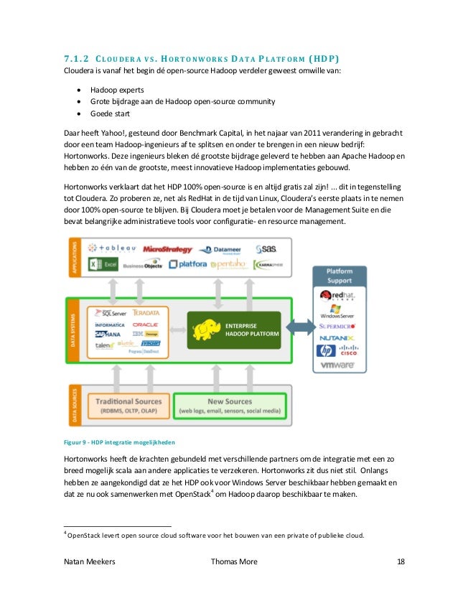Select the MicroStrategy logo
point(167,249)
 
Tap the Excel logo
point(103,265)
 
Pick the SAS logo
point(264,248)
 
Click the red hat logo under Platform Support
point(339,299)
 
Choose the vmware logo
point(338,365)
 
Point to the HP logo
point(326,351)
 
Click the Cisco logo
point(348,352)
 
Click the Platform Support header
point(339,275)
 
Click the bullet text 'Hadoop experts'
point(117,90)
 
